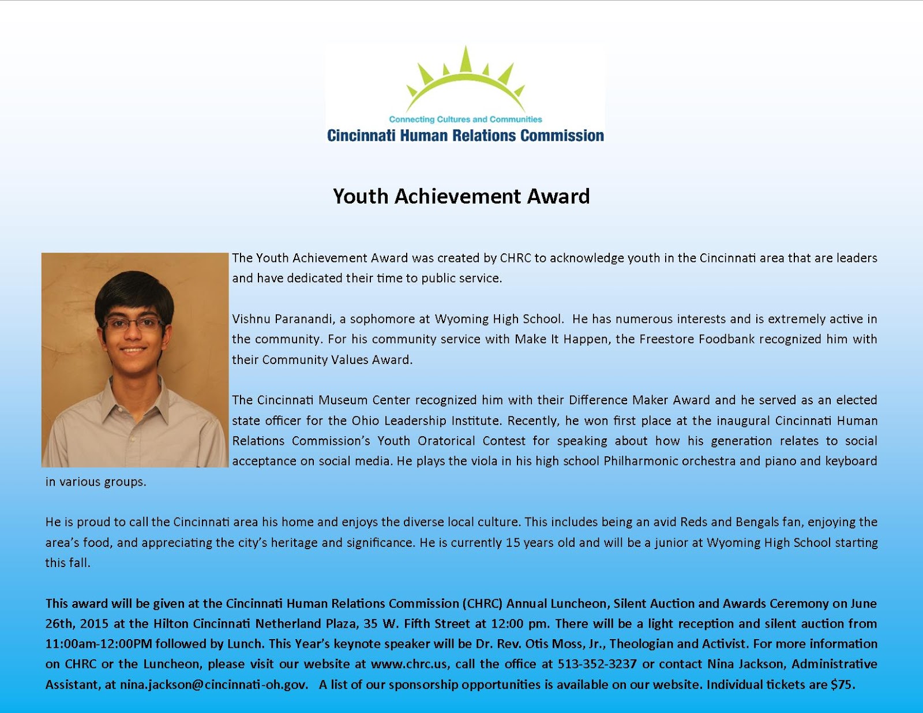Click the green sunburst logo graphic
[466, 81]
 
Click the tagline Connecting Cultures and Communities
[466, 119]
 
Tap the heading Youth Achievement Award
[461, 197]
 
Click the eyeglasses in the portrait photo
[133, 323]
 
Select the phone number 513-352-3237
[597, 664]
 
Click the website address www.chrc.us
[409, 664]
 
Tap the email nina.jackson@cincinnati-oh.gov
[213, 685]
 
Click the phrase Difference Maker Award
[639, 400]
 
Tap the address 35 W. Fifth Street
[420, 624]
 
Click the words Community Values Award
[336, 360]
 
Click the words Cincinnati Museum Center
[333, 400]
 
